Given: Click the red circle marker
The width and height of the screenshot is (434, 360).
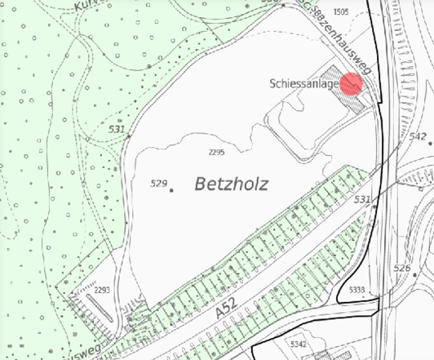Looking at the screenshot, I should point(352,84).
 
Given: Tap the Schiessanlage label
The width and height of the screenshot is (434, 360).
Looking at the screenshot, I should point(303,83).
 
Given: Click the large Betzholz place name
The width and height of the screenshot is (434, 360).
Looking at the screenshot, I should point(232,184).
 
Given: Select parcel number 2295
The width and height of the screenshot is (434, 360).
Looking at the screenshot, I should point(215,153).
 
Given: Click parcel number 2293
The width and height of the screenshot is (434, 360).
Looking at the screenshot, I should point(102,290).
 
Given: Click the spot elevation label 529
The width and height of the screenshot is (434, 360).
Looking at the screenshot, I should point(158,183).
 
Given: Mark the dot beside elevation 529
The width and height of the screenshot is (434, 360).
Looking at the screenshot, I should point(171,190).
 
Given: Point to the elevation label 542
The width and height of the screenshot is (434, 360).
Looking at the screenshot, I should point(418,136).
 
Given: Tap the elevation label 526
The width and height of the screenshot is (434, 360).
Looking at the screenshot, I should point(401,268).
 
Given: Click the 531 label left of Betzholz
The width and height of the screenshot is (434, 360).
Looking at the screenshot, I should point(116,129).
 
